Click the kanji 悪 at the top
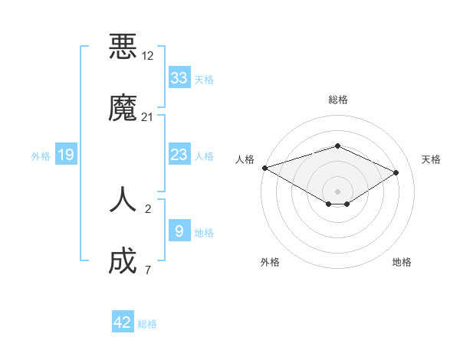[x=123, y=47]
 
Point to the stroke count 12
[x=148, y=56]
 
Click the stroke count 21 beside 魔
[x=148, y=117]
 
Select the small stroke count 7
[x=147, y=270]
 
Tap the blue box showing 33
[x=179, y=78]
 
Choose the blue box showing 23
[x=179, y=155]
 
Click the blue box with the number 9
[x=179, y=231]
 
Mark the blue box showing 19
[x=66, y=155]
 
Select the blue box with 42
[x=123, y=322]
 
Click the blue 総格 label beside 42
[x=148, y=324]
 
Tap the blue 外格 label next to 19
[x=41, y=156]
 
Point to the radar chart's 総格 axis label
[x=337, y=100]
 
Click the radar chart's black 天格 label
[x=431, y=159]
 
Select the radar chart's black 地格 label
[x=402, y=262]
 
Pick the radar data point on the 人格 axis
[x=264, y=168]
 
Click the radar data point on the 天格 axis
[x=396, y=172]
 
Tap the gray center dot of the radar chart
[x=337, y=191]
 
